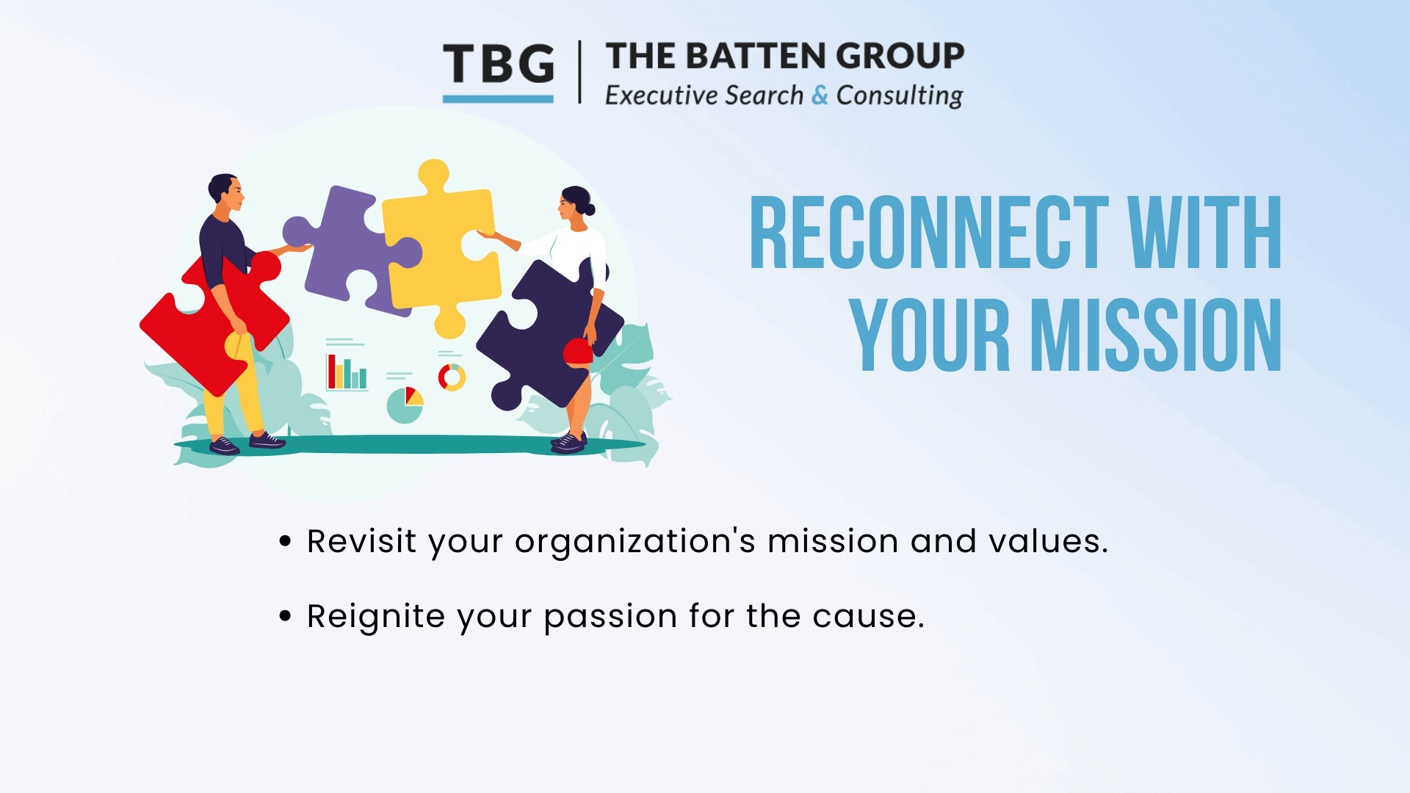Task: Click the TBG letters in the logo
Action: [499, 63]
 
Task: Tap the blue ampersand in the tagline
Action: [820, 95]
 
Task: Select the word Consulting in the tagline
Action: [900, 95]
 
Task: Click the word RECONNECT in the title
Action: [929, 233]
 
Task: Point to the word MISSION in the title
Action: [1156, 335]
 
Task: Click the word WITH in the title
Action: [1204, 233]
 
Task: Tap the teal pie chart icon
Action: [405, 405]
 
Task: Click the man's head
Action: [225, 192]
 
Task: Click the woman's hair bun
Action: [589, 209]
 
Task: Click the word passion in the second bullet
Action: [610, 618]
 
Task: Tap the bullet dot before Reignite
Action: [286, 615]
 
